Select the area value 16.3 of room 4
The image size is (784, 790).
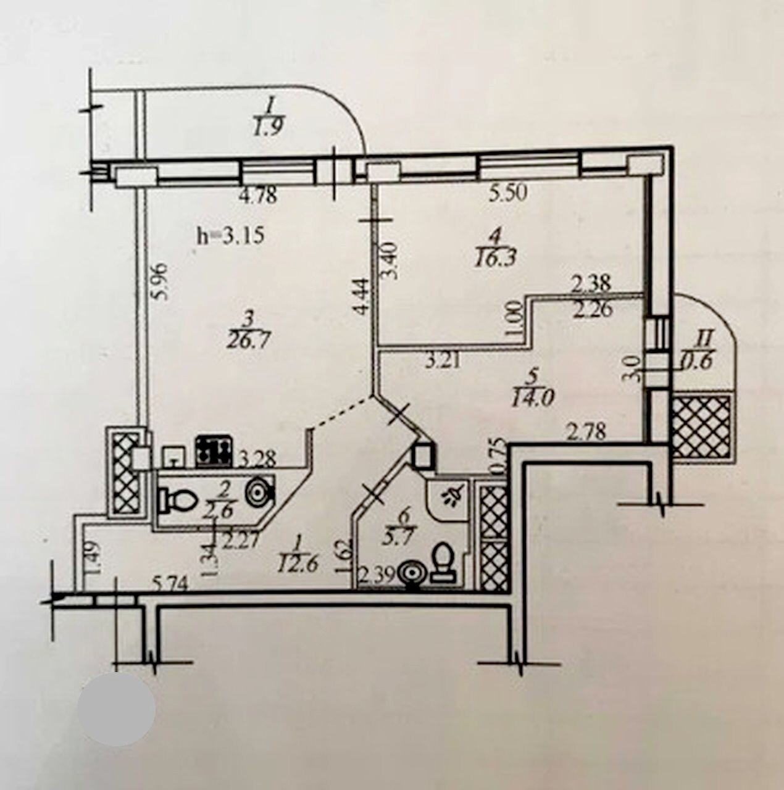(496, 259)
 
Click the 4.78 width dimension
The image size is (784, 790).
(259, 196)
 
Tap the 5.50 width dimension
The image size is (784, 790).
(508, 193)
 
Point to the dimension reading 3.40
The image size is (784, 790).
(393, 263)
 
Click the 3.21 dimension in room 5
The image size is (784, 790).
(443, 360)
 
